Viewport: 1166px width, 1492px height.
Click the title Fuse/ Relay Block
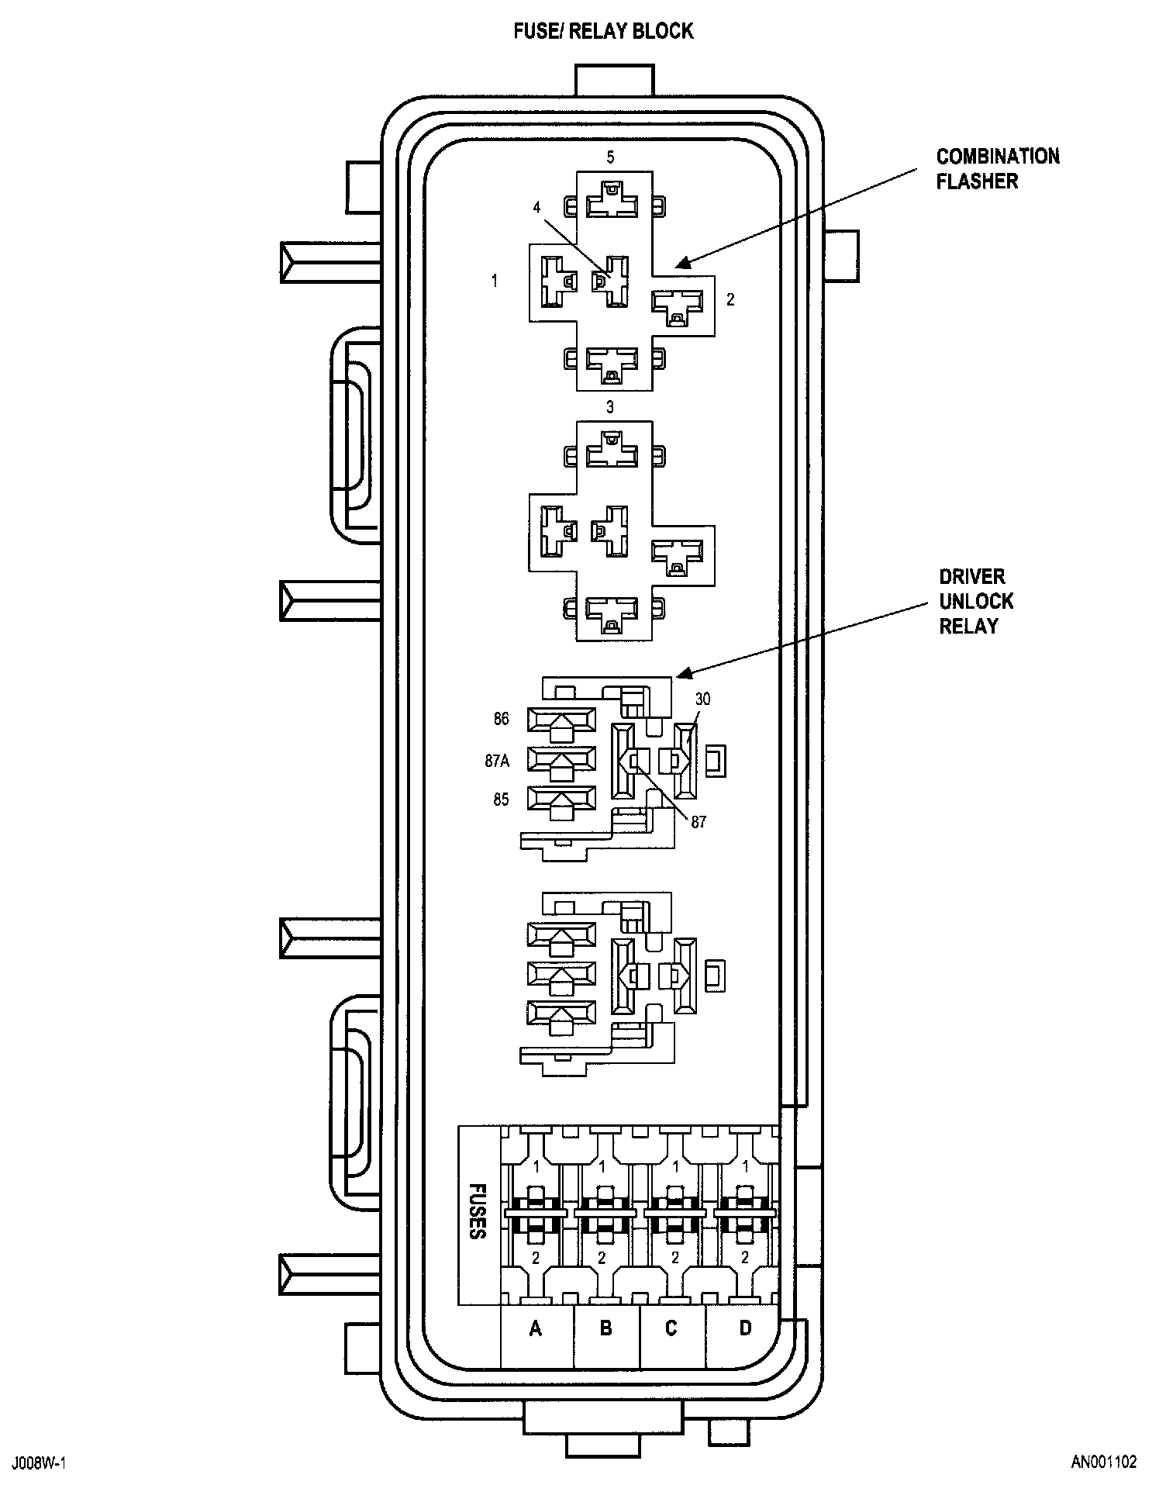[603, 32]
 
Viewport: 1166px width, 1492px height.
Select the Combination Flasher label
[997, 168]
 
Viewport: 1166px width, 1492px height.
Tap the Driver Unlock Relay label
[976, 601]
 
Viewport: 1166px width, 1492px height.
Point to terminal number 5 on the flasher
[610, 157]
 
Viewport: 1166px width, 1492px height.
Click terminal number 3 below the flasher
[610, 407]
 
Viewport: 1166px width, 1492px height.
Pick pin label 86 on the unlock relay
[502, 719]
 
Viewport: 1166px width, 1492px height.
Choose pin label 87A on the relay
[497, 761]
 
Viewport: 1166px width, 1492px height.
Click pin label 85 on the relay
[502, 800]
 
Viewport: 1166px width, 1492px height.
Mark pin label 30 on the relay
[702, 699]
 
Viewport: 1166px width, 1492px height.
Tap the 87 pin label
[699, 822]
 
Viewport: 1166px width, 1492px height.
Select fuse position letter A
[535, 1350]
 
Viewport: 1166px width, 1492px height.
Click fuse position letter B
[606, 1350]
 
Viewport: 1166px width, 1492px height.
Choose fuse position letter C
[671, 1350]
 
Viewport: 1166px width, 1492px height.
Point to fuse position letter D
[745, 1350]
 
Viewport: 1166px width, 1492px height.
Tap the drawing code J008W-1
[39, 1463]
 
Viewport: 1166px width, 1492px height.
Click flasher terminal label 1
[495, 281]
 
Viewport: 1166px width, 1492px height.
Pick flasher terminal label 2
[730, 299]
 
